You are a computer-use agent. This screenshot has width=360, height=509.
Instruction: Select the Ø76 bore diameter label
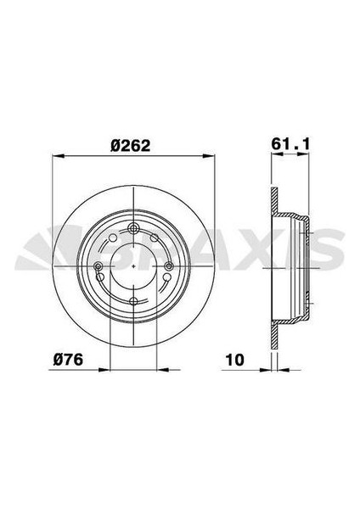[x=67, y=360]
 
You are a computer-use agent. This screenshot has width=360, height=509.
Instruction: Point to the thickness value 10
[x=235, y=360]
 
